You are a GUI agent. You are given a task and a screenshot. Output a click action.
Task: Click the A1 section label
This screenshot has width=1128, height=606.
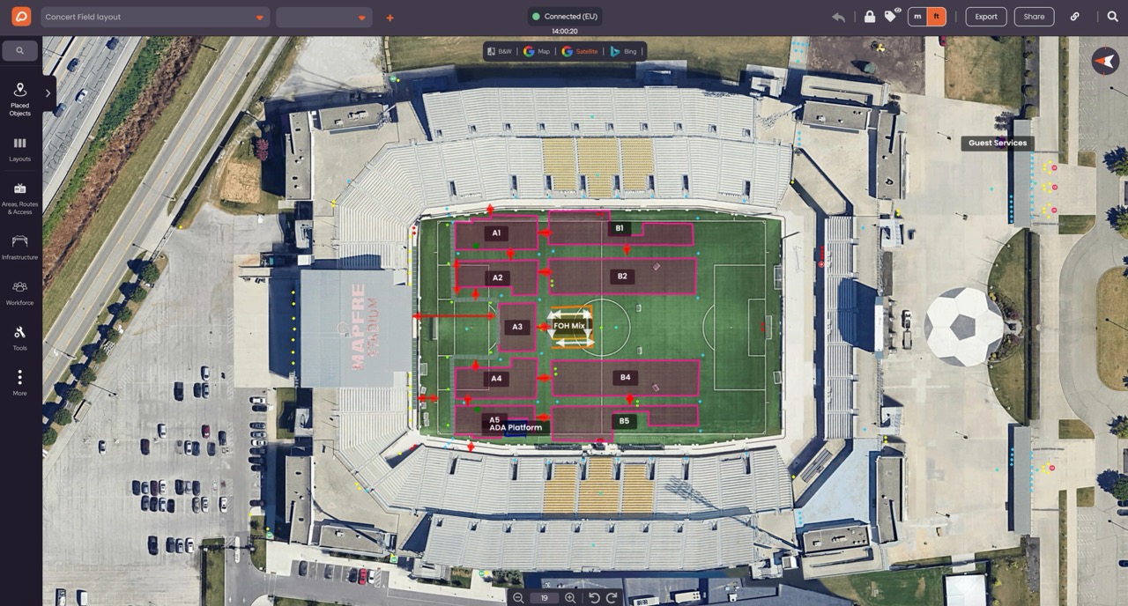click(496, 233)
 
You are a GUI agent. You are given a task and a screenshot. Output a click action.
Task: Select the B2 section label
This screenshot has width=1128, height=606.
click(622, 277)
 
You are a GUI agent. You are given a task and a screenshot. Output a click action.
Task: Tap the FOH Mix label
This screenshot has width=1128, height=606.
click(568, 326)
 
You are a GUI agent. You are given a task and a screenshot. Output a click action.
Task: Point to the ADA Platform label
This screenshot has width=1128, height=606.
click(516, 428)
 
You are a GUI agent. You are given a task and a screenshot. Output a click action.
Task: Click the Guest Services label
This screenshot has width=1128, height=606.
click(997, 143)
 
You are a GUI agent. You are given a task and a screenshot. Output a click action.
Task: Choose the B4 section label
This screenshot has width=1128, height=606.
click(625, 378)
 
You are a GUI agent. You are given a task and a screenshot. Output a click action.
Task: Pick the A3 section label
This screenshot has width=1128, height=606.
click(517, 327)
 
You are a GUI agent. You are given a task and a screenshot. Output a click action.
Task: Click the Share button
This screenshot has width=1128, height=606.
click(1034, 17)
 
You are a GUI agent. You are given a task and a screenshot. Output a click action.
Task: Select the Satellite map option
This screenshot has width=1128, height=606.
click(580, 51)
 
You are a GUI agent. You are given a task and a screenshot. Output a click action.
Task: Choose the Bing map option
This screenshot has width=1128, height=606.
click(624, 51)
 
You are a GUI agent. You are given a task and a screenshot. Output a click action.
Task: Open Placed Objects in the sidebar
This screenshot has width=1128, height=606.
click(19, 98)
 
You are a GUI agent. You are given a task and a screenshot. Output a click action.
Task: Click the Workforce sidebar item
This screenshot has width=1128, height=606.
click(19, 292)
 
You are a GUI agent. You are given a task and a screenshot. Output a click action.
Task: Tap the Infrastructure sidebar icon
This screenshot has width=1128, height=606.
click(19, 246)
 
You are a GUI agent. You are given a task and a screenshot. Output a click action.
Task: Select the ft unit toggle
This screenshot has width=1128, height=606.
click(937, 17)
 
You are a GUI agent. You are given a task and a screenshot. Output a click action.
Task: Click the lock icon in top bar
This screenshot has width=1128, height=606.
click(870, 17)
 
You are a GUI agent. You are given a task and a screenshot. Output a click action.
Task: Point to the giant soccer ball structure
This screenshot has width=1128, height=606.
click(963, 327)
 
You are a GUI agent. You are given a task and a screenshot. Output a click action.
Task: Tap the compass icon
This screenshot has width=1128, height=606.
click(1104, 61)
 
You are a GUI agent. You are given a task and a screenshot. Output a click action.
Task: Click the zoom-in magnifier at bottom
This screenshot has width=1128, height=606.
click(570, 598)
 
